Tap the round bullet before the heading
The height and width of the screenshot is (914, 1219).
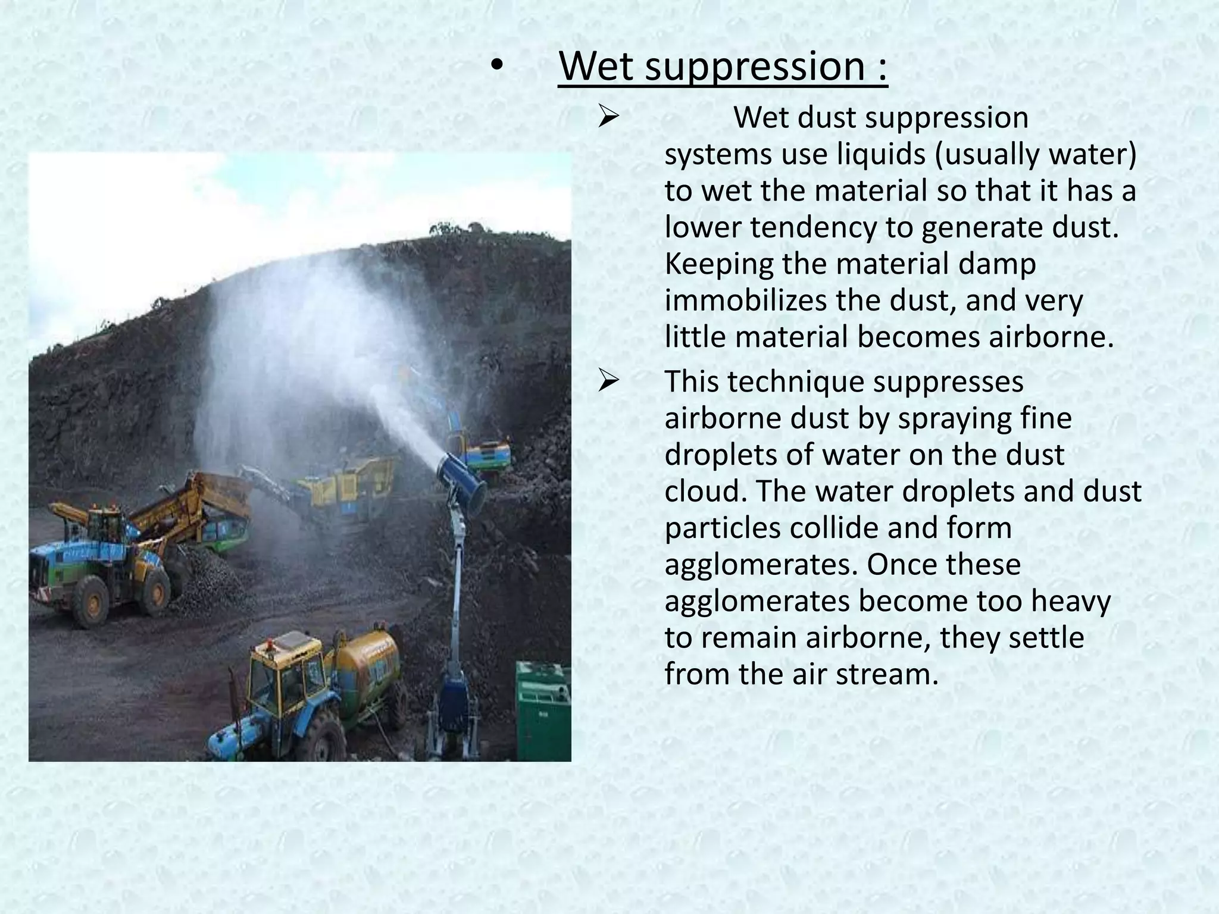point(497,68)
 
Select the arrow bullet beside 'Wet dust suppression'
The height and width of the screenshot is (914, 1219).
point(609,117)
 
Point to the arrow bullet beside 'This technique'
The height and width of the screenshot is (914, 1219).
point(609,381)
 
